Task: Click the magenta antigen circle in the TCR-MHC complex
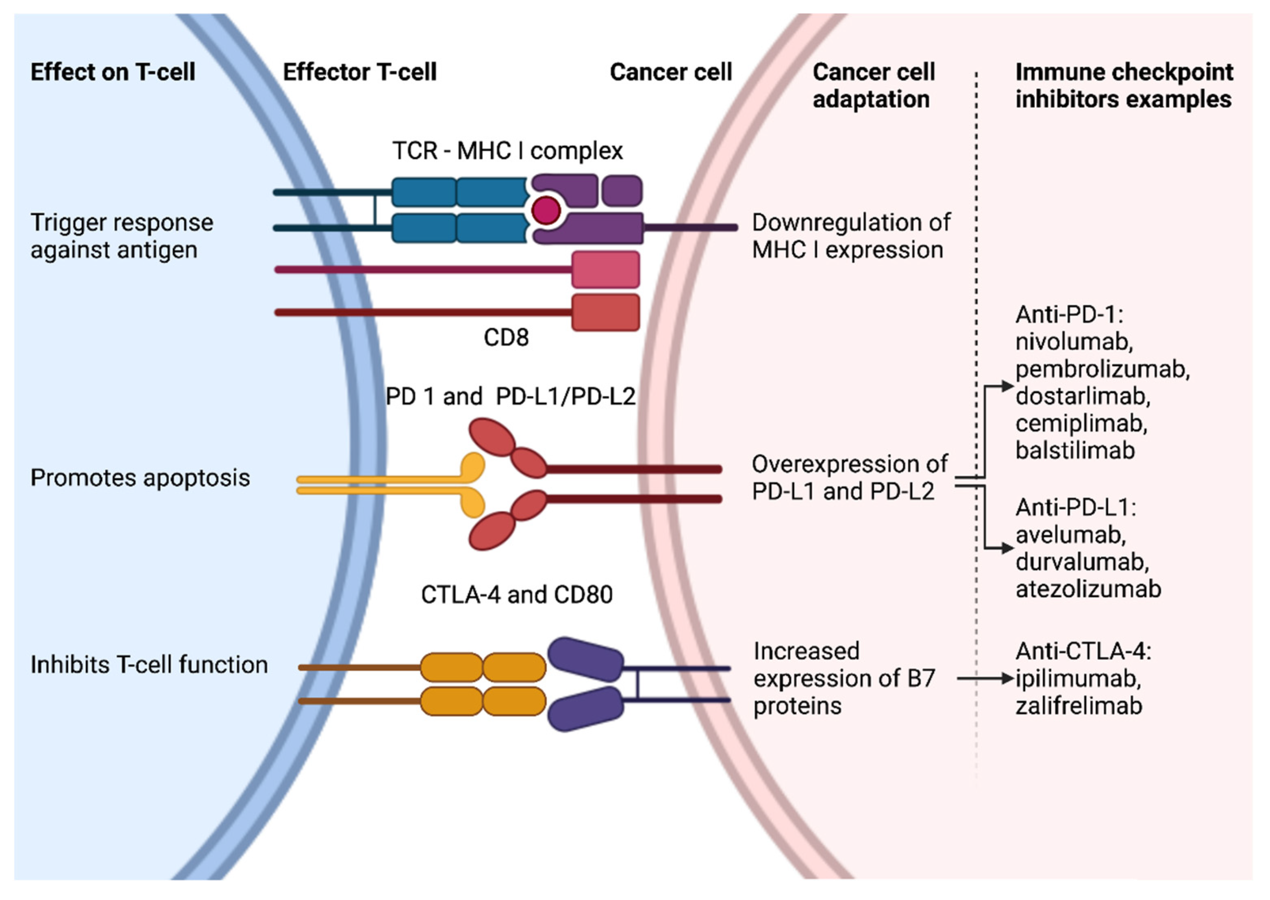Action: [546, 210]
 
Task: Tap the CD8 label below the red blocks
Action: [506, 337]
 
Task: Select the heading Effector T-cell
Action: [359, 72]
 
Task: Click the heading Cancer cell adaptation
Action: [873, 86]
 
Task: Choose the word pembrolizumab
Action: [1102, 369]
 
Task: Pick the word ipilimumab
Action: [1078, 678]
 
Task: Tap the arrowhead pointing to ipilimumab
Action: [1007, 678]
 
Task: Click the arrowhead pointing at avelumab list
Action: [1007, 548]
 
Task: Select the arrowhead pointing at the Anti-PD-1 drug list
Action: [1007, 386]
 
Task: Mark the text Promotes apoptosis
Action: [140, 478]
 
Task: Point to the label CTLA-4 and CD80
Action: [516, 594]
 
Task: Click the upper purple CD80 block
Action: [585, 659]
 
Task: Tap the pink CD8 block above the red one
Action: [605, 270]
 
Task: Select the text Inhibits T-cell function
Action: [148, 664]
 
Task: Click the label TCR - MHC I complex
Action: [507, 151]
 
